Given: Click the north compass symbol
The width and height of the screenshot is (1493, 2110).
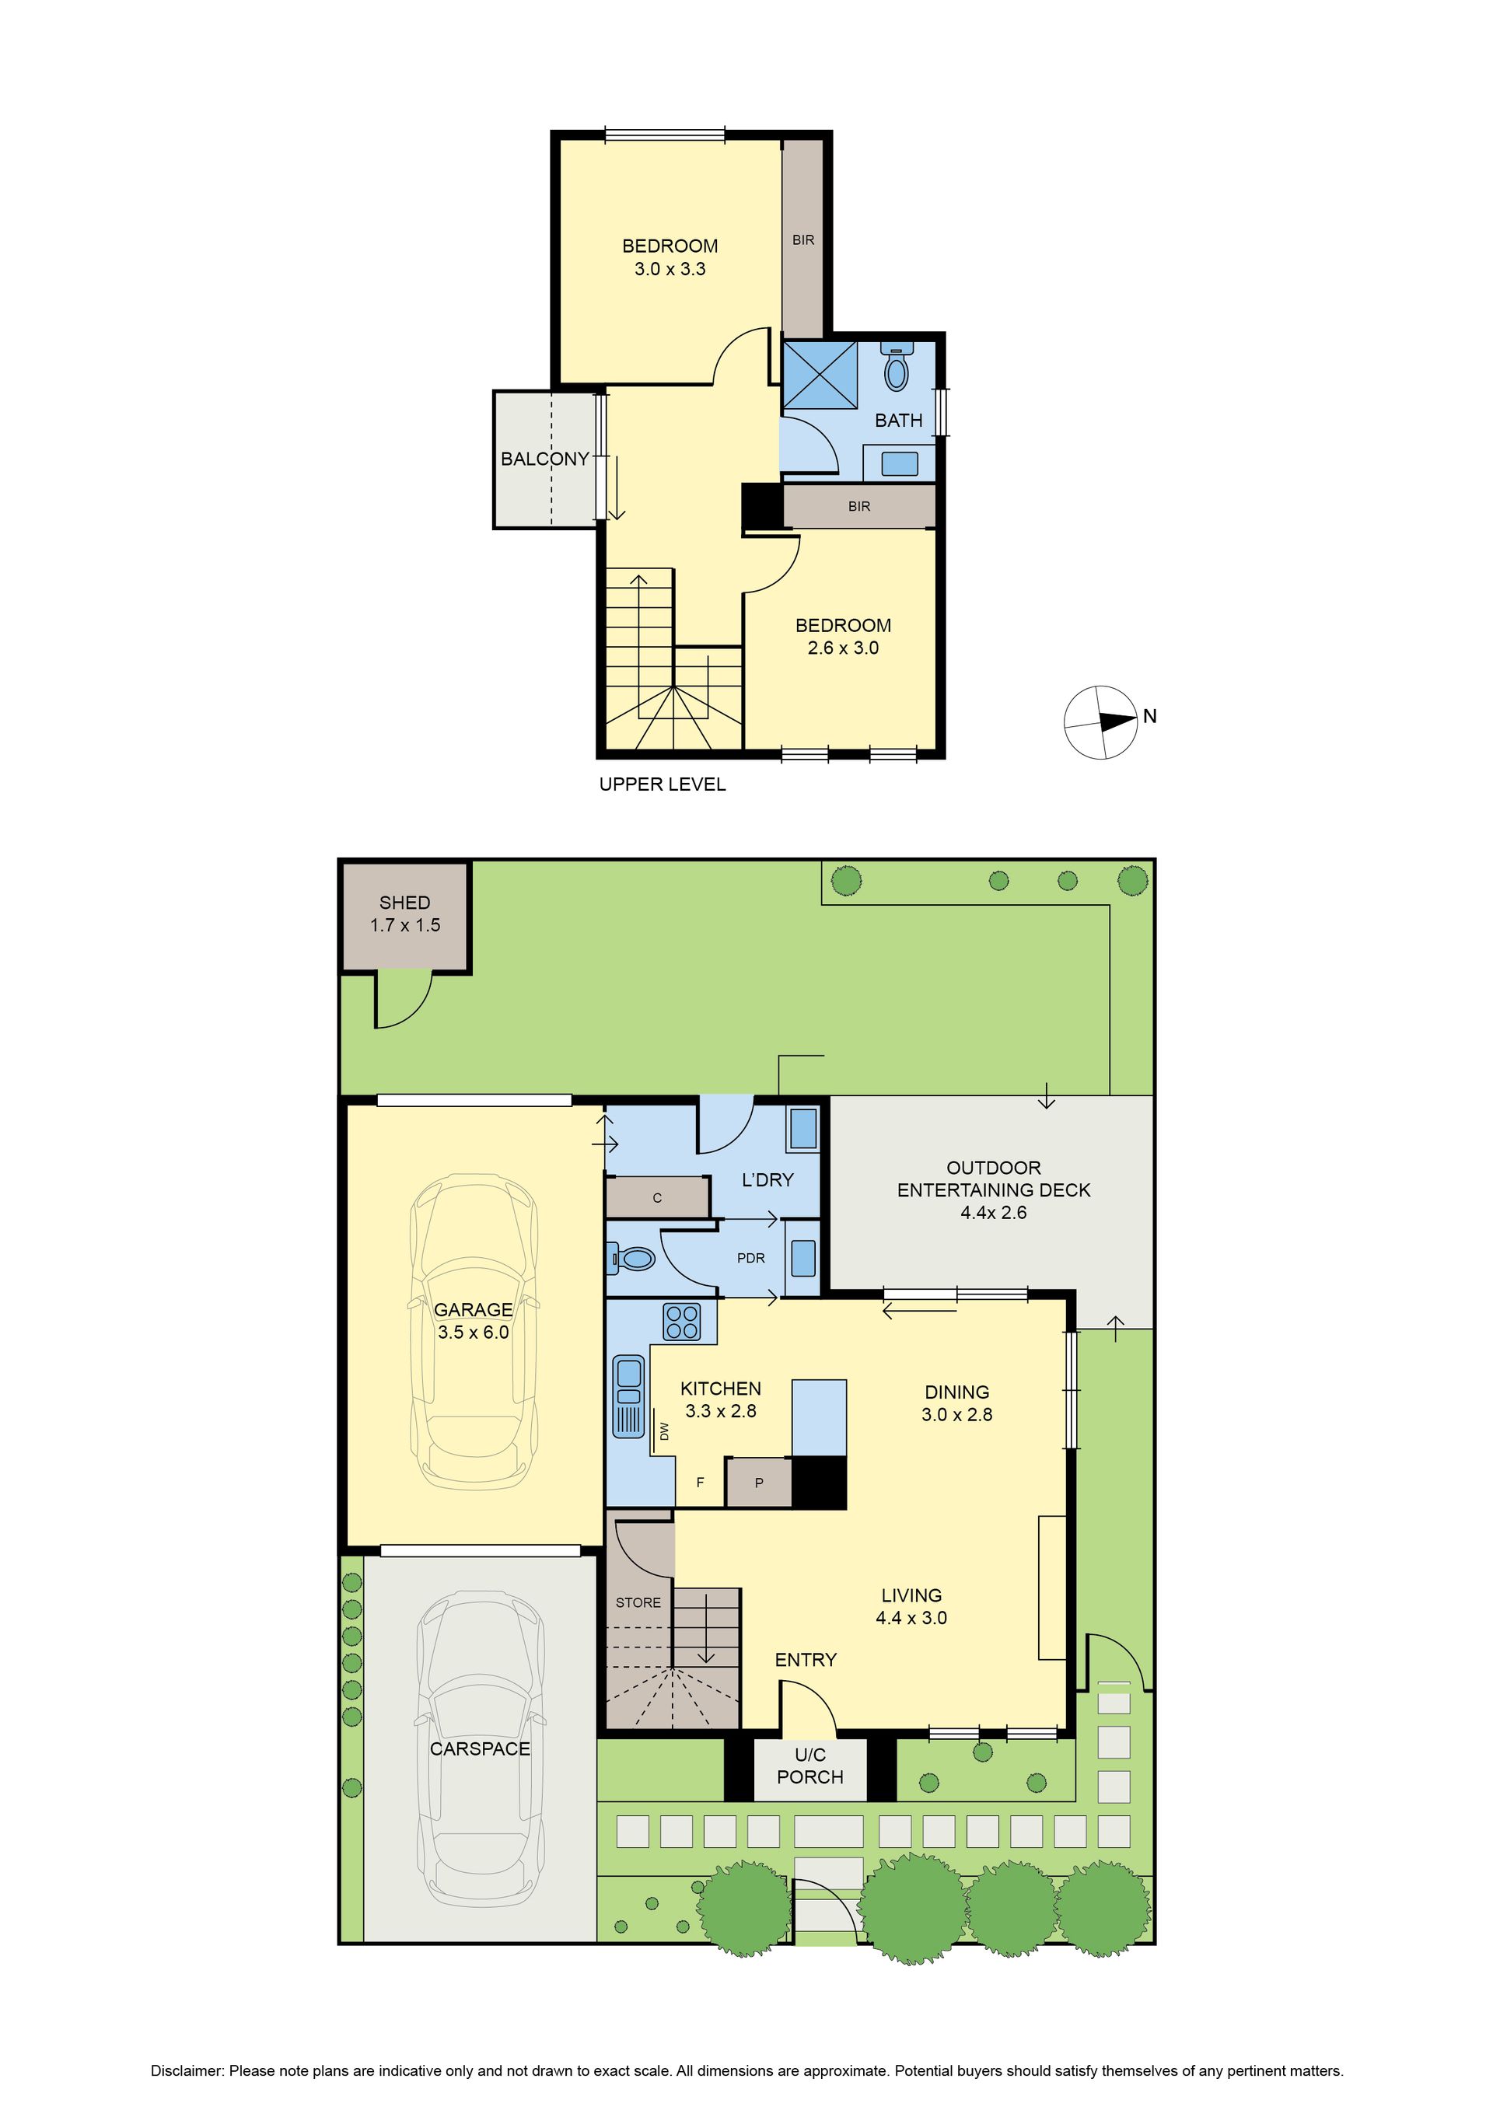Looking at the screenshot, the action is point(1101,722).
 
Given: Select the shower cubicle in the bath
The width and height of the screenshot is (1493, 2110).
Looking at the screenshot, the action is point(819,374).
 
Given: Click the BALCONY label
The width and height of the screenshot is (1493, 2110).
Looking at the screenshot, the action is point(544,459).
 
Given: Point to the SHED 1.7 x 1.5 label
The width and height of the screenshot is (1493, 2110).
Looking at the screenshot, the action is point(404,914).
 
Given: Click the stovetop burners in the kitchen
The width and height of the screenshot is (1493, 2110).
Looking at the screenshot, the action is point(682,1322).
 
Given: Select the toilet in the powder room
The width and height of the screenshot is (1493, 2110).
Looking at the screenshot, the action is point(631,1258).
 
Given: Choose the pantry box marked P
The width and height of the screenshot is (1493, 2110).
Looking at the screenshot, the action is point(758,1483).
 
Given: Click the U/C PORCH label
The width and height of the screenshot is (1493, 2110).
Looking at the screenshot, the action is point(810,1766).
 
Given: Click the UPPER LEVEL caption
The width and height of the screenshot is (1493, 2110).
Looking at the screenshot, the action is point(662,784).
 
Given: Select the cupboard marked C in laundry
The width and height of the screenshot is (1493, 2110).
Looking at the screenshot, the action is point(657,1197).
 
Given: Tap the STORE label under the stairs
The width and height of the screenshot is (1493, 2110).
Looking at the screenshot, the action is point(638,1603).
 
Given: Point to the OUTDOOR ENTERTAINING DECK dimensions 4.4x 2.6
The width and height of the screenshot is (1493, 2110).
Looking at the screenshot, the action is point(993,1212).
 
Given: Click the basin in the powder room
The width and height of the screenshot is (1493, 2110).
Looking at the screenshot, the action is point(802,1258).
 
